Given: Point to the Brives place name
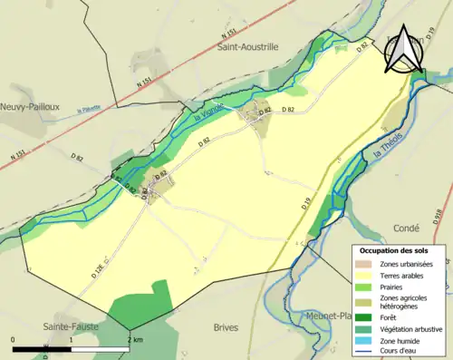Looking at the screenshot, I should click(231, 326).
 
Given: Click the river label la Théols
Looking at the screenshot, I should click(387, 164).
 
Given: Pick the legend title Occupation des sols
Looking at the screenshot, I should click(400, 249).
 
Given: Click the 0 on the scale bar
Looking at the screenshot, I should click(14, 339).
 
